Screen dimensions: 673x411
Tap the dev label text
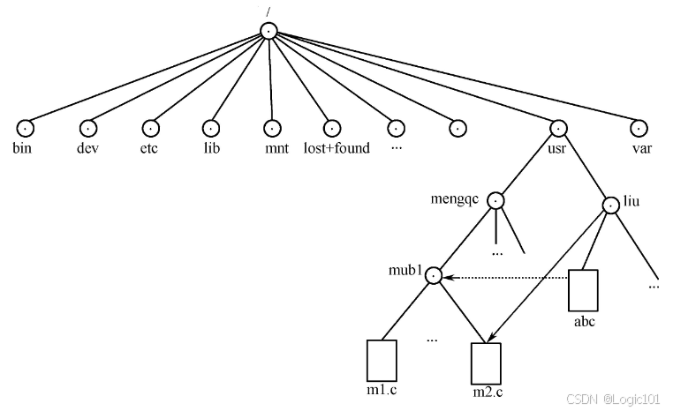click(87, 148)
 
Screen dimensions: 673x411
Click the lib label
click(212, 148)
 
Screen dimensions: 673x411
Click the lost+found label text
click(336, 148)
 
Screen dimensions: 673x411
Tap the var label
click(642, 149)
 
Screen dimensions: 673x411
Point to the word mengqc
click(455, 199)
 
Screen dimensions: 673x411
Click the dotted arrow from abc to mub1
click(505, 278)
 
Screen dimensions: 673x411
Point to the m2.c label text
click(488, 392)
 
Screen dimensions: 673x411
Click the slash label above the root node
click(268, 12)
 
